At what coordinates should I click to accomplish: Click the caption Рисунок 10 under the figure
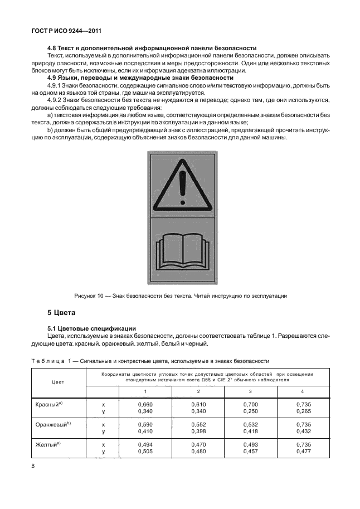pos(181,295)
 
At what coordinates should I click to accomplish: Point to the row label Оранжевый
pos(50,424)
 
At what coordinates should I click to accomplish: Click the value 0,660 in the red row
pos(145,404)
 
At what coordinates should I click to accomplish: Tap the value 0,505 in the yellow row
pos(145,452)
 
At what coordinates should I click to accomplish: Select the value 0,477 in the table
pos(303,452)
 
